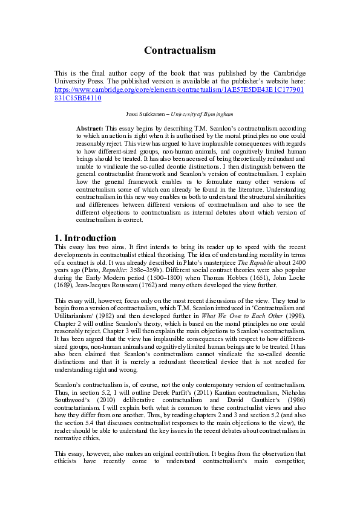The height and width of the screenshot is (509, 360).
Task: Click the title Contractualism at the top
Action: pyautogui.click(x=180, y=50)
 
